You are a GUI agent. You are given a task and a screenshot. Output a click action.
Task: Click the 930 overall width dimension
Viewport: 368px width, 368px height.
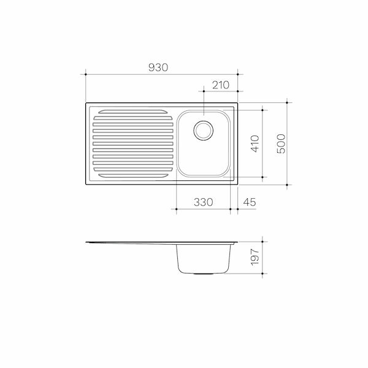tap(158, 67)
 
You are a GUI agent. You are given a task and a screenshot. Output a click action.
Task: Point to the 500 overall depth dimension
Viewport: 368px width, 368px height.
tap(281, 143)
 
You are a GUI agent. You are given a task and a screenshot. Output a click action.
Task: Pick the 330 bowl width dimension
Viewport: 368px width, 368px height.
tap(203, 202)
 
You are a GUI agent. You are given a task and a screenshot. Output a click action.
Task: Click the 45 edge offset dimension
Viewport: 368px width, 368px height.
tap(250, 202)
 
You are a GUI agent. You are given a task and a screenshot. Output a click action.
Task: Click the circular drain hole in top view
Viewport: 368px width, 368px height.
tap(203, 130)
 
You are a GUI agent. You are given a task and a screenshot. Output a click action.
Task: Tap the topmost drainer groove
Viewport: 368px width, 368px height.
tap(129, 112)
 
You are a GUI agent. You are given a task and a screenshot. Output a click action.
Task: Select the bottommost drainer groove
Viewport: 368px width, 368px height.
tap(129, 174)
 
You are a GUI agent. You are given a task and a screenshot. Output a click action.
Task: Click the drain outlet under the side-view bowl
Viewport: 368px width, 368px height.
tap(203, 274)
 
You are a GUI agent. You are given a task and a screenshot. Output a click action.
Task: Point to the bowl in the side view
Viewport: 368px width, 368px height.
tap(203, 259)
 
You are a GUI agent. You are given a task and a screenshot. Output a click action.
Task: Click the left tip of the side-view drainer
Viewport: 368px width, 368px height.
tap(87, 242)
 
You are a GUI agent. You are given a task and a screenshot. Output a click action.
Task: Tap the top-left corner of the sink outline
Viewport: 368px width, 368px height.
tap(85, 103)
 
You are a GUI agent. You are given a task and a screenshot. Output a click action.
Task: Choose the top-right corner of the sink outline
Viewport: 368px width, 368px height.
tap(237, 103)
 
